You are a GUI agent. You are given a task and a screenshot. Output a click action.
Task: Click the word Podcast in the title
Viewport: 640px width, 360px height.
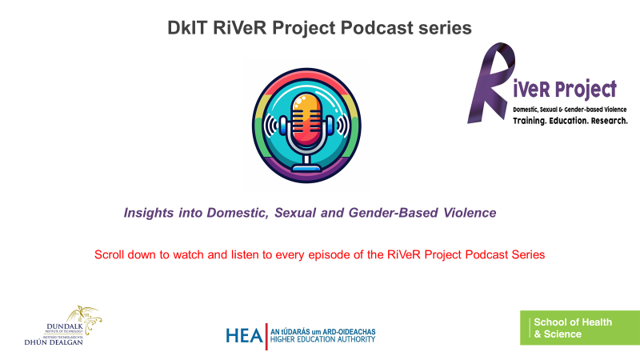377,28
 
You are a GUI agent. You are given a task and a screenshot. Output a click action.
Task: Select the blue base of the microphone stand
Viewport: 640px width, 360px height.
306,167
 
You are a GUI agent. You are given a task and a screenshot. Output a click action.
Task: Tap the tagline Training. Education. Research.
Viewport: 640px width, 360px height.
570,121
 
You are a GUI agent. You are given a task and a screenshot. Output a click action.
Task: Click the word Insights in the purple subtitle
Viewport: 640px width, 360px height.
149,213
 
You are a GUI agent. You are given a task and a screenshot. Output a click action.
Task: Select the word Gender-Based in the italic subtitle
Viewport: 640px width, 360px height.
393,213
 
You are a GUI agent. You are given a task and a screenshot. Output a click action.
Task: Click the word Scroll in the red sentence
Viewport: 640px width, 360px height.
109,254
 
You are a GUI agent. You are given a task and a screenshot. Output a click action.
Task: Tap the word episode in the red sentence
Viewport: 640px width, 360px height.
329,255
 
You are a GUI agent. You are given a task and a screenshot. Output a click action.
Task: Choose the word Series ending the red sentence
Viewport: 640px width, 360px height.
528,254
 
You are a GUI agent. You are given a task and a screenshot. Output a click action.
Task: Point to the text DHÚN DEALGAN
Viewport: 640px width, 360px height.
54,342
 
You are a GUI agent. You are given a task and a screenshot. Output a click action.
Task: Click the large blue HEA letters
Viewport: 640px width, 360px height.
244,336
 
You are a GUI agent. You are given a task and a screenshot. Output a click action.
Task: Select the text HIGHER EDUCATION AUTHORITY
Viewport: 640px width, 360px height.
322,339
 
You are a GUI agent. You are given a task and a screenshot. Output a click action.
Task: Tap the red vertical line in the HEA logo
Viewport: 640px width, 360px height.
266,336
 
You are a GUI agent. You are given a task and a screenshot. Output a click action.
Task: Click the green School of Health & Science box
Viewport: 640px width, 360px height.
579,328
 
